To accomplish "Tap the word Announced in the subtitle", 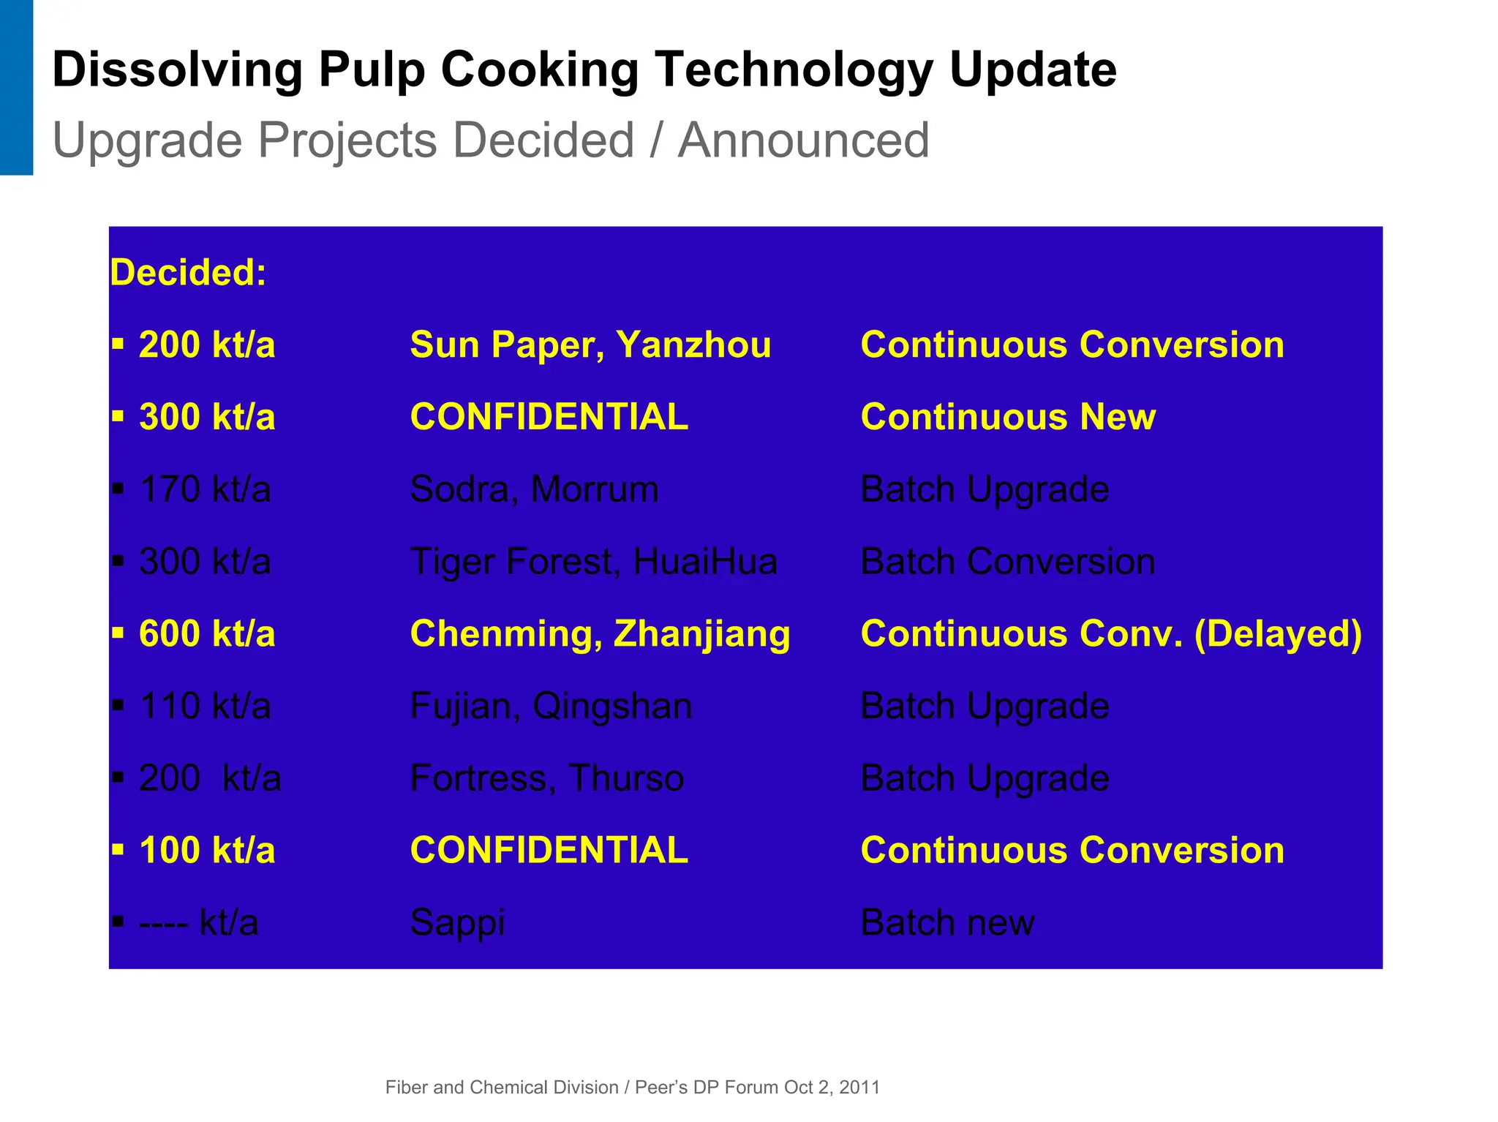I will coord(803,140).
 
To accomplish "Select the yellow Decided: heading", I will coord(188,272).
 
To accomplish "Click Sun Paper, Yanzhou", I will coord(590,344).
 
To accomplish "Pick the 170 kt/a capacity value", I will coord(205,489).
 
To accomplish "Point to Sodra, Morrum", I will coord(534,489).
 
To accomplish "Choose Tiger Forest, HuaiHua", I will coord(593,561).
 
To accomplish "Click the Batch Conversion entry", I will coord(1007,561).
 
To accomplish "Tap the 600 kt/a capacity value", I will coord(207,633).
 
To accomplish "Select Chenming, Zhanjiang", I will coord(600,633).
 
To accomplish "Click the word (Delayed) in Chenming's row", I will coord(1278,633).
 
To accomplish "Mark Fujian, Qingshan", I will coord(551,706).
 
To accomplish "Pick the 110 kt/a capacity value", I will coord(205,706).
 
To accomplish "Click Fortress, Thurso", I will coord(546,778).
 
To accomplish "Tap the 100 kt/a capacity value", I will coord(207,850).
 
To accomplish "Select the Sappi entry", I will coord(457,922).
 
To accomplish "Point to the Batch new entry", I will coord(947,922).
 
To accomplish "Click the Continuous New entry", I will coord(1008,417).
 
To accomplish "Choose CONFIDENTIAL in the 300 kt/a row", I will coord(549,417).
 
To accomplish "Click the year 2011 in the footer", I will coord(859,1088).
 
